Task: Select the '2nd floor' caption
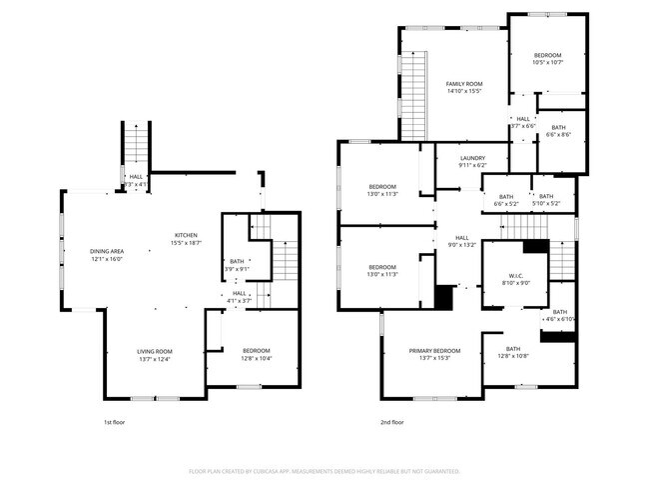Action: point(392,422)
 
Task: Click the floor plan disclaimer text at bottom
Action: point(324,470)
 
